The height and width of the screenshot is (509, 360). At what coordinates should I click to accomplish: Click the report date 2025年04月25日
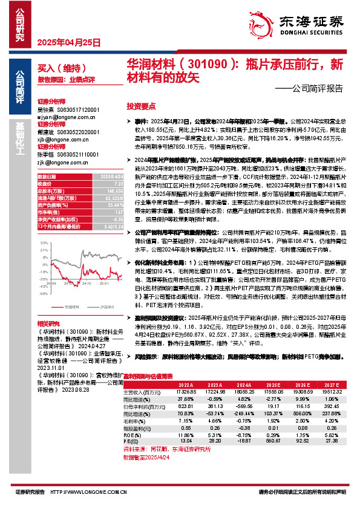[x=65, y=43]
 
